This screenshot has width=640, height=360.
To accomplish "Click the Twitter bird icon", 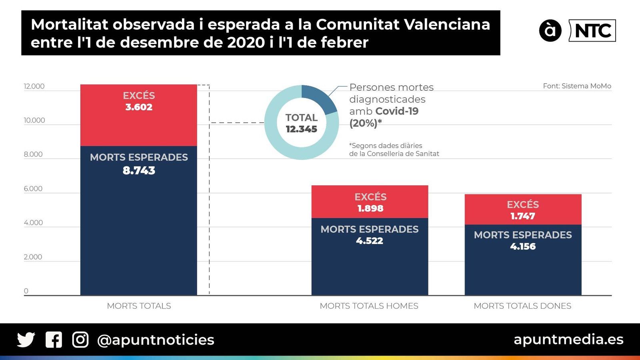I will (x=26, y=340).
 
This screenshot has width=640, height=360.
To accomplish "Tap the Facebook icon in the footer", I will (x=54, y=340).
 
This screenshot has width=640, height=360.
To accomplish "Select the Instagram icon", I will (x=80, y=340).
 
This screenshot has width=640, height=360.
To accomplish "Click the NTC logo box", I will (x=592, y=31).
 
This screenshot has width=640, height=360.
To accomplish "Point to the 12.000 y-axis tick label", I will (x=34, y=86).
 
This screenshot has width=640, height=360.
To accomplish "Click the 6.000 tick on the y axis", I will (x=33, y=189).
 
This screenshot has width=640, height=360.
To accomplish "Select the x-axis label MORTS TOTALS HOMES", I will (x=369, y=306).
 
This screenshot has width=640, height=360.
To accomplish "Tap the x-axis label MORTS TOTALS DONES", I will (x=522, y=306).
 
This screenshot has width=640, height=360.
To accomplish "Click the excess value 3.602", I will (x=139, y=107).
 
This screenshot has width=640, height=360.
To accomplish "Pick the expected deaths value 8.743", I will (x=139, y=170).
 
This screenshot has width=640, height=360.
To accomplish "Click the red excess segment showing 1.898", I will (x=370, y=202).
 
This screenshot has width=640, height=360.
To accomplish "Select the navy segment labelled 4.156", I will (x=523, y=260).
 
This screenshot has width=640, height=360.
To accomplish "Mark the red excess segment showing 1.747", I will (x=523, y=210).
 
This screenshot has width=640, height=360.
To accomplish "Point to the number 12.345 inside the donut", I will (x=301, y=129).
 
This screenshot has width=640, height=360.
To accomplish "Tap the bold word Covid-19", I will (x=397, y=111).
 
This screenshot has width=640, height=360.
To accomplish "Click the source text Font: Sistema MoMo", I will (x=577, y=86).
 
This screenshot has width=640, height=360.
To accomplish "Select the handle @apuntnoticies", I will (x=156, y=340).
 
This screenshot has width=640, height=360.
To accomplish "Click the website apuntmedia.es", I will (x=568, y=339).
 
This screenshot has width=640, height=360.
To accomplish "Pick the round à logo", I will (x=550, y=30).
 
